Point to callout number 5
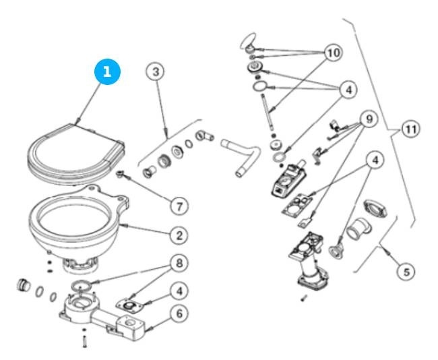404,272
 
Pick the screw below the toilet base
84,341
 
